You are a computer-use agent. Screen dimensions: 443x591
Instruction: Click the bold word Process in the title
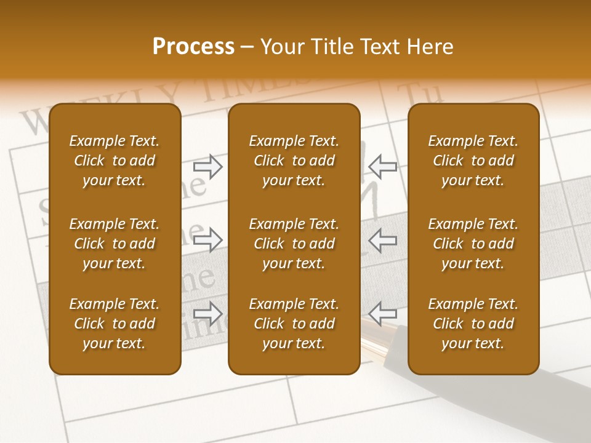point(193,47)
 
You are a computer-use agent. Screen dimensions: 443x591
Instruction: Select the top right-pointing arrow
point(207,167)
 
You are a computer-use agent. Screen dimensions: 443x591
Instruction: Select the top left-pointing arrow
point(382,166)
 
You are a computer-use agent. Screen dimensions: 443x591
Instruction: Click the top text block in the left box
point(115,161)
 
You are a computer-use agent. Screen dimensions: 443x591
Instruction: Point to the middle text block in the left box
point(115,244)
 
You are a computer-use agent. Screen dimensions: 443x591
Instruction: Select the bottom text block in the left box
point(115,324)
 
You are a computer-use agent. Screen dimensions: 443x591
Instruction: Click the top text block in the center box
point(294,161)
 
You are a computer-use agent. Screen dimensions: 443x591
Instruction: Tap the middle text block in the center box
point(294,244)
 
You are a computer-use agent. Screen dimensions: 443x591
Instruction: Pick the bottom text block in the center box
point(294,324)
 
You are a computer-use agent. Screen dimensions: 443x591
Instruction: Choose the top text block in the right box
point(473,161)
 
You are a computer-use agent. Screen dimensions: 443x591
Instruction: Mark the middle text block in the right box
point(473,244)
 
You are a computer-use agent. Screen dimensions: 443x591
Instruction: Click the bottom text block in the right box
point(473,324)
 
